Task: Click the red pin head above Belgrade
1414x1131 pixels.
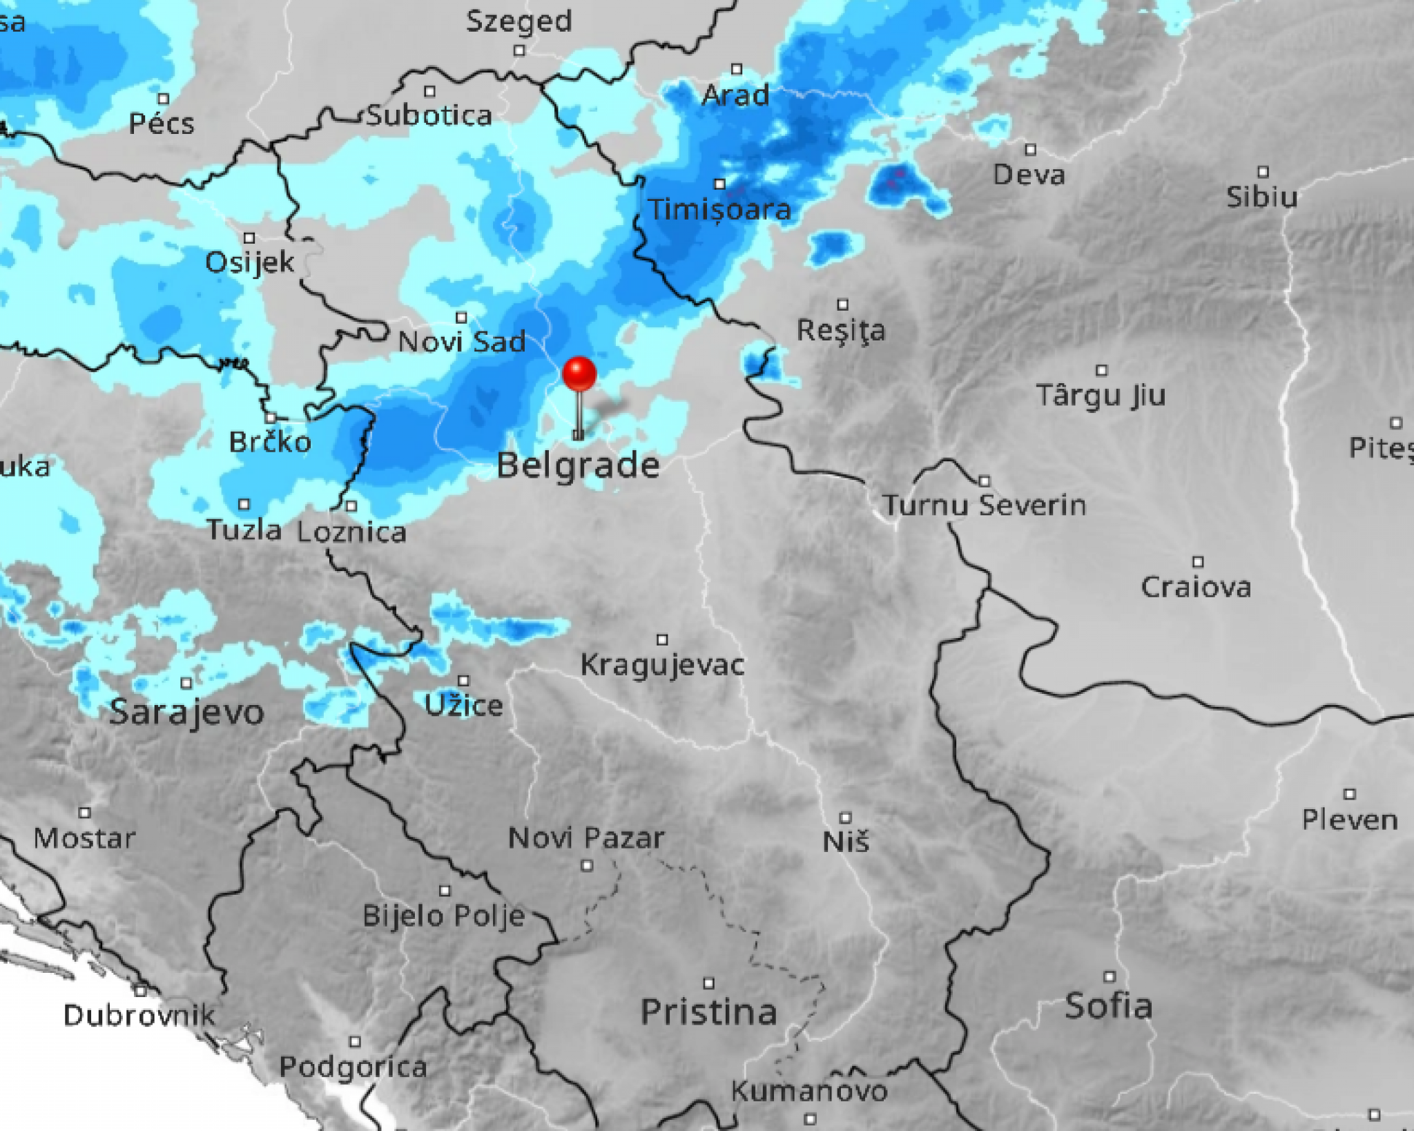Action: [579, 374]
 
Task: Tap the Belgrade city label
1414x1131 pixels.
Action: [578, 465]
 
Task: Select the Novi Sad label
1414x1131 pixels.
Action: [461, 342]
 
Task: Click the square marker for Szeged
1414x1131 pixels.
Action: [519, 50]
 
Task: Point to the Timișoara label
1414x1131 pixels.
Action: [719, 209]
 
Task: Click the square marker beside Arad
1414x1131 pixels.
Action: [737, 69]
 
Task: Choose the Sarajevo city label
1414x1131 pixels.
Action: [186, 712]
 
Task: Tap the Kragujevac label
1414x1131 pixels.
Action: [662, 665]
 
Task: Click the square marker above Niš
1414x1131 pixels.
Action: [845, 818]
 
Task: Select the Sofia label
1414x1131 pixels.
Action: [1108, 1006]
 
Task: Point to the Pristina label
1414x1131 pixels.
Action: [708, 1012]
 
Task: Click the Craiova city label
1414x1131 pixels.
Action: [1196, 587]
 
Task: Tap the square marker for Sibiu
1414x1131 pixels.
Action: [1263, 171]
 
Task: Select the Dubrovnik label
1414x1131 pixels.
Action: [139, 1015]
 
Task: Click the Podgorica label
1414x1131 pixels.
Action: [353, 1067]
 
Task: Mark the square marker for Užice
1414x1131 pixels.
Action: [463, 681]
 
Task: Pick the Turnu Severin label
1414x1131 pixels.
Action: [985, 505]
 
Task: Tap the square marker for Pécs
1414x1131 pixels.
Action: [164, 99]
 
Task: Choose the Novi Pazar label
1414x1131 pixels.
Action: [586, 838]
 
